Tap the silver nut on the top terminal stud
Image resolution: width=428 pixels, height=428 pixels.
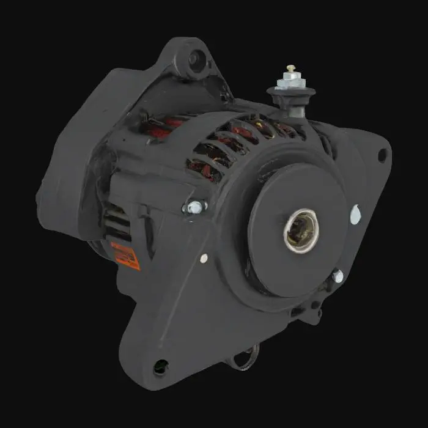[290, 81]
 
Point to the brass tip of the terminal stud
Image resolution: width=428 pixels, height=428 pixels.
[291, 68]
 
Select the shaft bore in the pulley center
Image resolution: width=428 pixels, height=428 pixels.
[301, 230]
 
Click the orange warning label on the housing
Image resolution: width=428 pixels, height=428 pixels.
[125, 255]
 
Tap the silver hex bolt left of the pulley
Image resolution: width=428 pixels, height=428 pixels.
[194, 207]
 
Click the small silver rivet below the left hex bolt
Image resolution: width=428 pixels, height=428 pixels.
[204, 258]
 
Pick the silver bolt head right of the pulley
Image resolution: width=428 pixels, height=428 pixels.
[355, 213]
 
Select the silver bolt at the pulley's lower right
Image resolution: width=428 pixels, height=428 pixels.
[337, 276]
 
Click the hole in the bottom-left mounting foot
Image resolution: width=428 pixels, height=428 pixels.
[161, 366]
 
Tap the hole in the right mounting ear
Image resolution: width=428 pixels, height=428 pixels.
[382, 155]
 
